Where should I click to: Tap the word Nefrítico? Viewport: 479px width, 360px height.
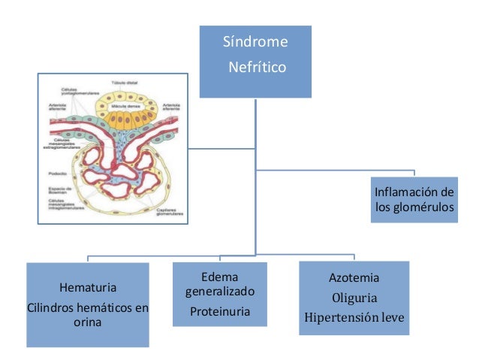tap(258, 68)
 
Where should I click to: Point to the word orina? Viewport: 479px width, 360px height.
tap(87, 323)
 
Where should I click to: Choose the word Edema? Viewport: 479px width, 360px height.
tap(220, 277)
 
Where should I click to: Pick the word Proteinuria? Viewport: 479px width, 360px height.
tap(220, 310)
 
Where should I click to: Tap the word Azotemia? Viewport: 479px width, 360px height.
tap(354, 277)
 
